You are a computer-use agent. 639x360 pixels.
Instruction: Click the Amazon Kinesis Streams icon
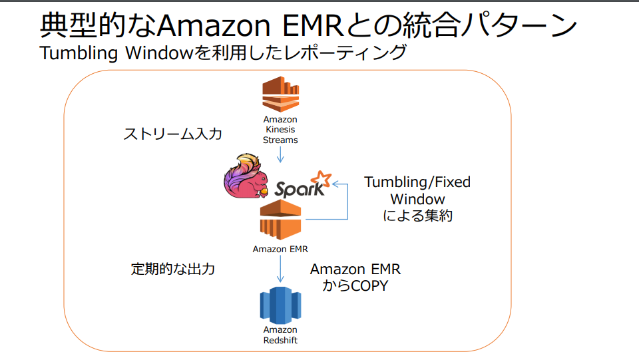click(280, 94)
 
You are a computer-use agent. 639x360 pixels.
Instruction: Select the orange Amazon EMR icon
click(280, 220)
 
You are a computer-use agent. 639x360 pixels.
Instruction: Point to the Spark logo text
click(297, 188)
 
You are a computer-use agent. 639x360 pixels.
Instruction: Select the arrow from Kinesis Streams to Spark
click(280, 154)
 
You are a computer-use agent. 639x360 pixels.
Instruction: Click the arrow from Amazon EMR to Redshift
click(280, 270)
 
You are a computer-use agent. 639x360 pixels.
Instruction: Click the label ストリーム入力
click(172, 134)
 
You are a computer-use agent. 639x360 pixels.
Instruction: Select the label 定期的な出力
click(173, 269)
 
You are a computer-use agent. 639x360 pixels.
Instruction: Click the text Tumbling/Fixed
click(417, 182)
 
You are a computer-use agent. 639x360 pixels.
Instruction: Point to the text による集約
click(418, 216)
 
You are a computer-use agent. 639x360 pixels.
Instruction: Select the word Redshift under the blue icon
click(280, 340)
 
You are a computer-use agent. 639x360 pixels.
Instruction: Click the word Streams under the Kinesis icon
click(280, 140)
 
